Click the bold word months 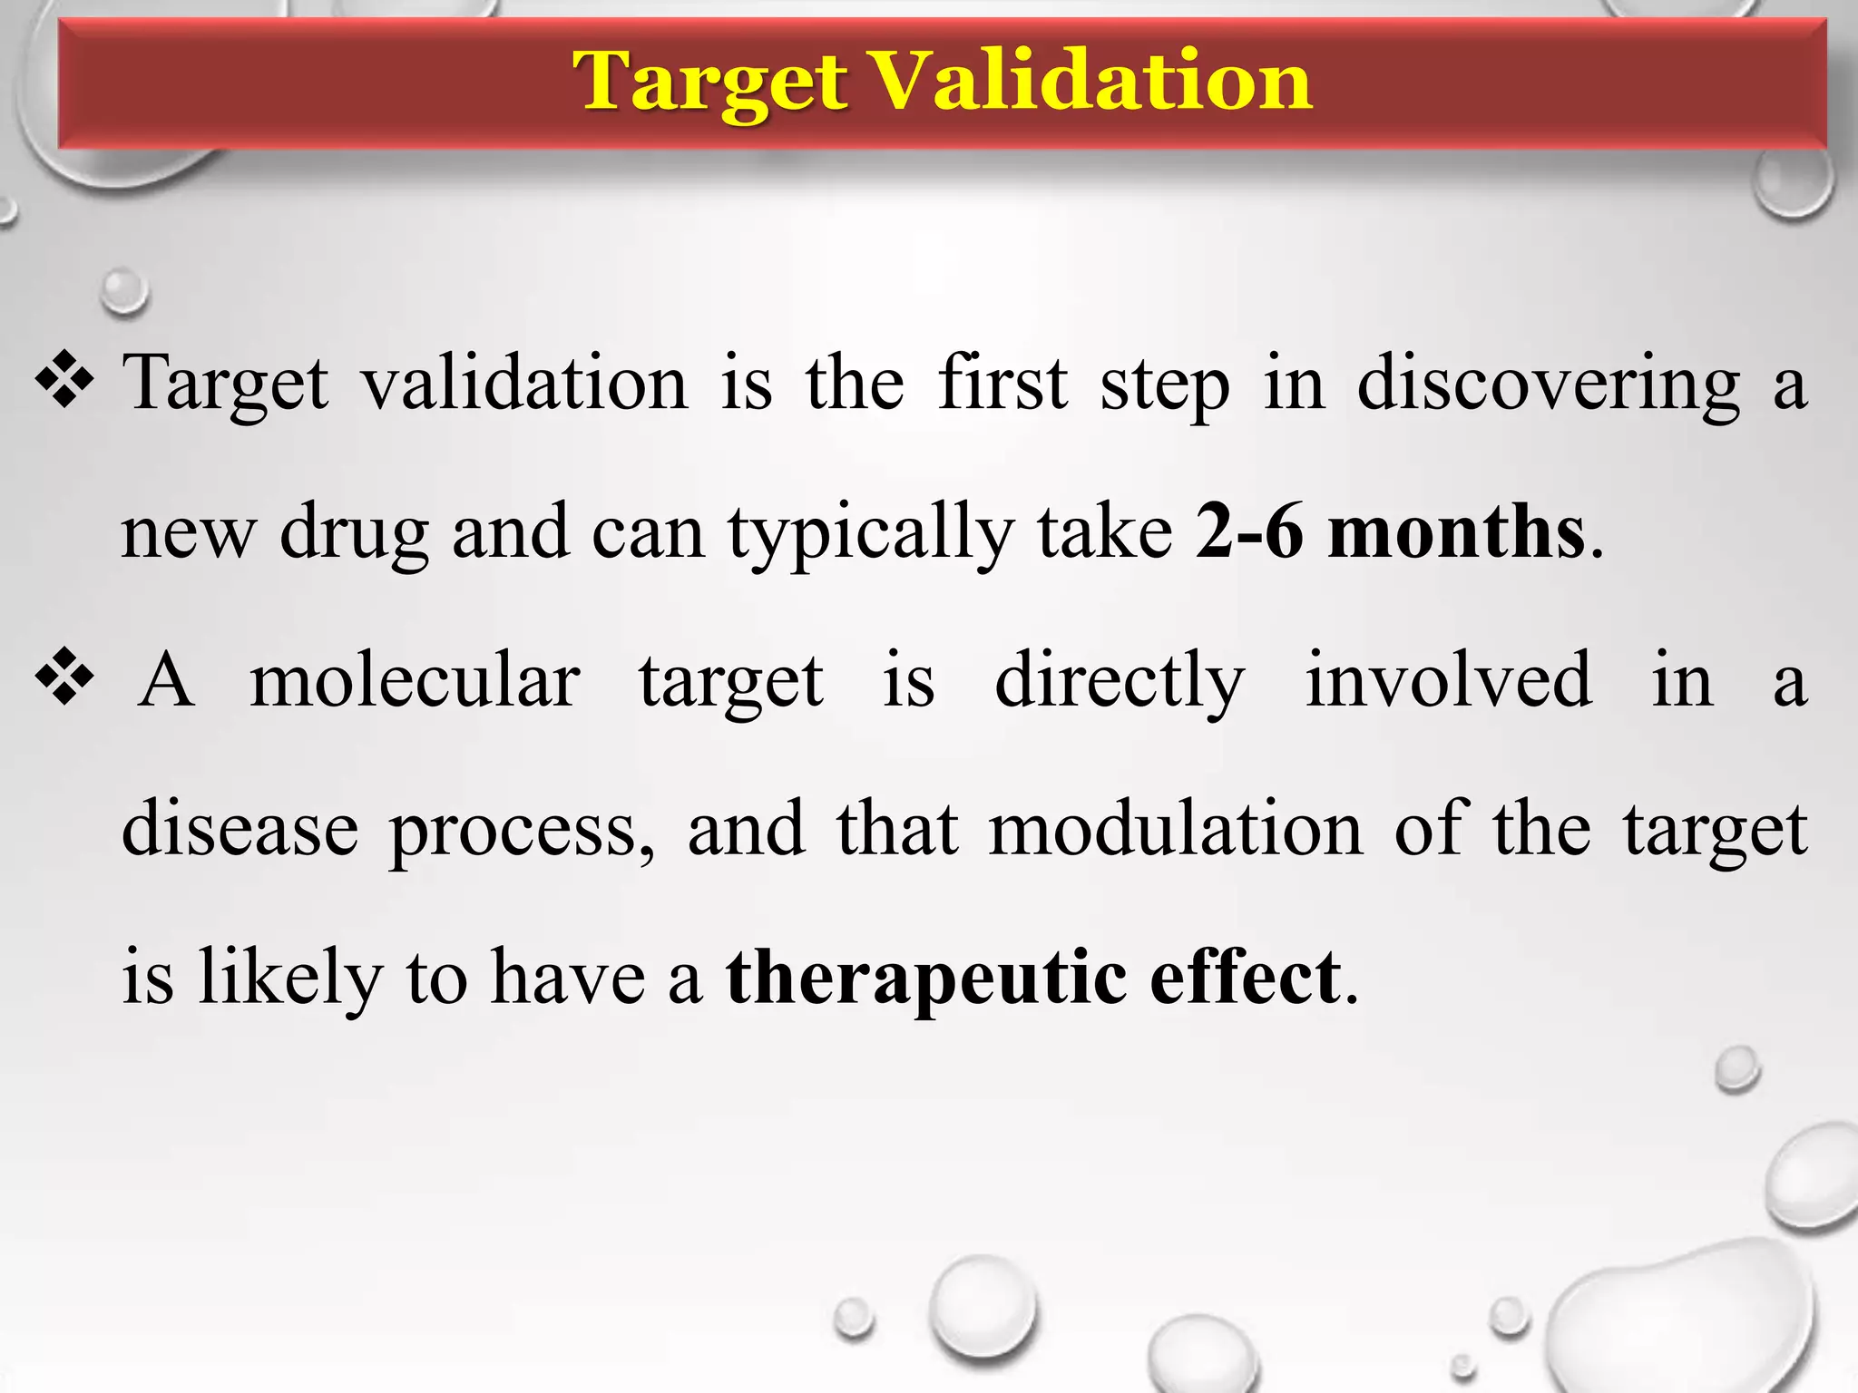(x=1456, y=531)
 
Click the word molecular (x=415, y=680)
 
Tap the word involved (x=1448, y=680)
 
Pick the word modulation (x=1175, y=829)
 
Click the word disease (x=240, y=829)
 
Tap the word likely (x=290, y=978)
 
